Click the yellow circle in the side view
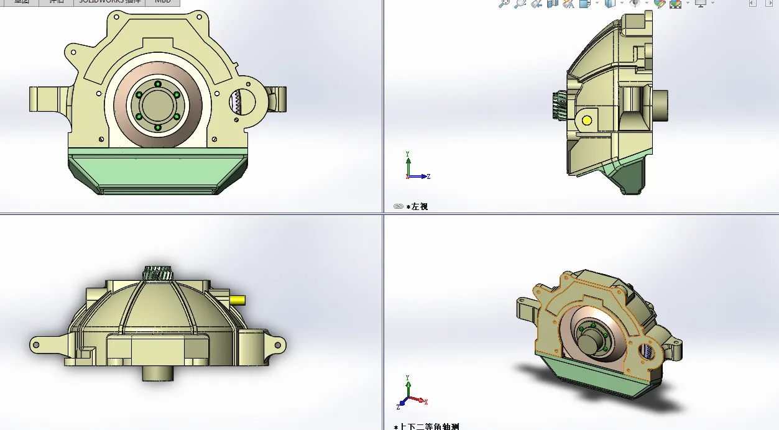pos(586,121)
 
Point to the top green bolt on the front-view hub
pos(158,84)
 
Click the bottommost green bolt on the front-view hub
pos(158,127)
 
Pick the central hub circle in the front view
pos(157,106)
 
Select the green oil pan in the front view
pos(158,171)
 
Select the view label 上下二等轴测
pos(430,427)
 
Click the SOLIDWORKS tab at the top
pos(109,2)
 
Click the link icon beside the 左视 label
pos(399,206)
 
